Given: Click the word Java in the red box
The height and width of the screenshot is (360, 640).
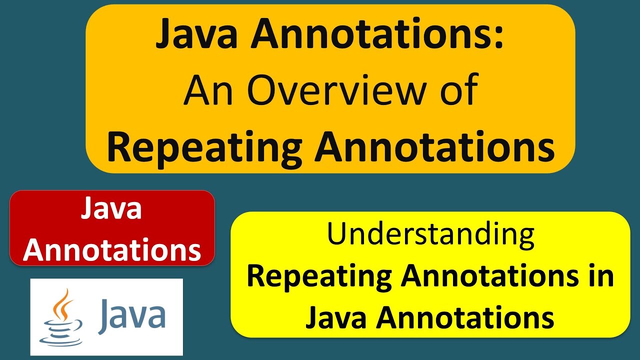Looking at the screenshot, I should (111, 210).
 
